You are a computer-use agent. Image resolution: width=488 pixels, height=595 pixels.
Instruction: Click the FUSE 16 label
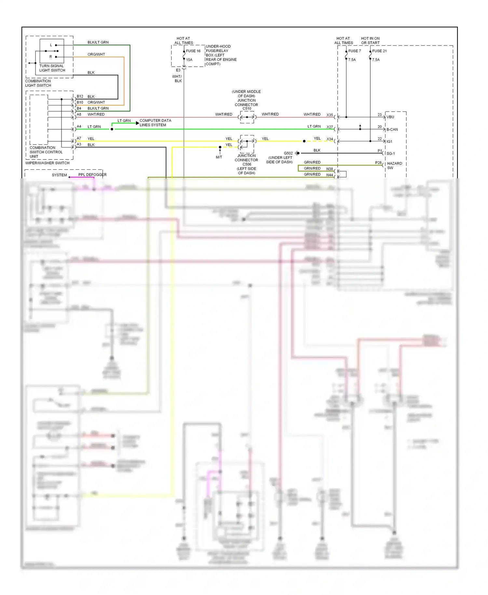click(x=193, y=51)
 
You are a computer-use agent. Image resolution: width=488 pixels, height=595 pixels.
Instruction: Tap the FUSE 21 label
click(x=379, y=51)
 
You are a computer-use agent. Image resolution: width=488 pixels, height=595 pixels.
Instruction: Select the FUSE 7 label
click(x=354, y=51)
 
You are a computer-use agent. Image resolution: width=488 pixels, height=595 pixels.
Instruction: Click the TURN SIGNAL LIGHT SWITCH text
click(x=52, y=68)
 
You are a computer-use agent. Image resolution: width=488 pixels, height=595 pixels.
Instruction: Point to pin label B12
click(x=80, y=97)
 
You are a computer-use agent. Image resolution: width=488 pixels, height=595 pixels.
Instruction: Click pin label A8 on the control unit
click(x=79, y=115)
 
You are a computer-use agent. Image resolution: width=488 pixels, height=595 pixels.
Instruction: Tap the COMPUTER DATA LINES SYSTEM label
click(x=155, y=123)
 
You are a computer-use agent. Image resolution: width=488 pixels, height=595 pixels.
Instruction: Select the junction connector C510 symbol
click(x=247, y=117)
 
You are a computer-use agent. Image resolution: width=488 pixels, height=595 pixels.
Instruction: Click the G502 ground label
click(x=288, y=153)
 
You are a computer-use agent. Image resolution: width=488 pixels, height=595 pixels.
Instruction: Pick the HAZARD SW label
click(x=394, y=166)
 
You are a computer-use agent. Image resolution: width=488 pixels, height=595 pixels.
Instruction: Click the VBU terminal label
click(x=390, y=117)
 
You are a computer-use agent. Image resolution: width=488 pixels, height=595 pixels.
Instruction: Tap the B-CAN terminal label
click(x=392, y=130)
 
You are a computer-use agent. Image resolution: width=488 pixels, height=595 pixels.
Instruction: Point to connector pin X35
click(x=330, y=115)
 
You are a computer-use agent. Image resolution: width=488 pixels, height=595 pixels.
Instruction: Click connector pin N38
click(x=330, y=169)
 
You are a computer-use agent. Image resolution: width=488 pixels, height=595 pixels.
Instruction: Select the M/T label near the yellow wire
click(x=219, y=157)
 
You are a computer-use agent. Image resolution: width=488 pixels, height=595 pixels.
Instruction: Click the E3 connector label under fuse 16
click(x=178, y=70)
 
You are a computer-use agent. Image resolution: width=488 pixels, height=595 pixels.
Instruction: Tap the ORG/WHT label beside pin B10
click(x=96, y=103)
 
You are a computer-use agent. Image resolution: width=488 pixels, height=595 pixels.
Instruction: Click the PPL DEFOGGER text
click(x=92, y=175)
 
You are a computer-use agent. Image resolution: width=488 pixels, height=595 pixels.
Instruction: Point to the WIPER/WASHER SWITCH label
click(x=47, y=163)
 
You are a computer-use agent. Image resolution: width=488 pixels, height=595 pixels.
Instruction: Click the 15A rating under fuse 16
click(x=189, y=60)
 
